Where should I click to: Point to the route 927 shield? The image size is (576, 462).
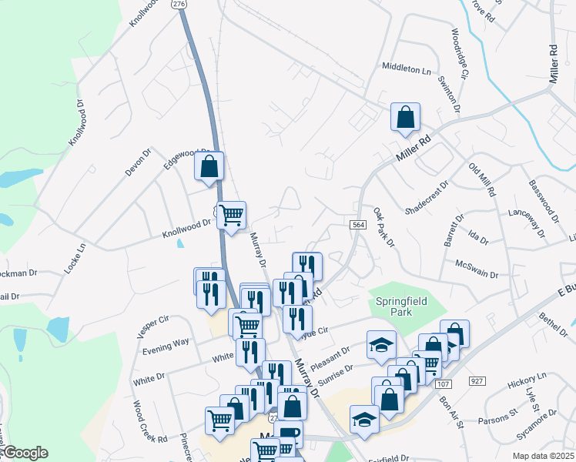coord(477,380)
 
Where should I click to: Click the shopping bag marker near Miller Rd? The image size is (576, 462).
coord(405,118)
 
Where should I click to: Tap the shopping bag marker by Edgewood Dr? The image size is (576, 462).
coord(209,166)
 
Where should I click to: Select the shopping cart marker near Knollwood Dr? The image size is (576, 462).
coord(232,215)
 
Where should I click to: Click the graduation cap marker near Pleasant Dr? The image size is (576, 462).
coord(380,345)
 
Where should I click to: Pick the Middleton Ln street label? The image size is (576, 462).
coord(407,69)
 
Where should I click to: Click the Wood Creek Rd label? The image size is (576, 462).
coord(149,422)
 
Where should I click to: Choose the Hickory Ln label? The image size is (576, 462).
coord(527,380)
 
